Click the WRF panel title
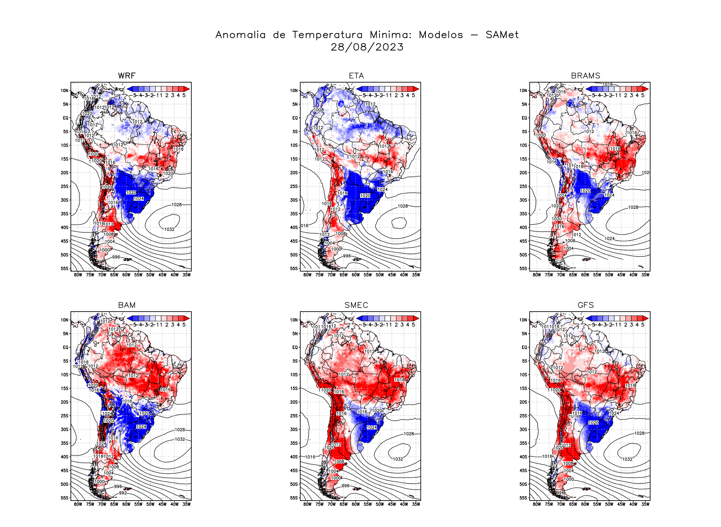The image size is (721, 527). click(x=127, y=76)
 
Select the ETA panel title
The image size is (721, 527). click(x=356, y=76)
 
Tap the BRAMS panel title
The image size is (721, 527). click(x=586, y=76)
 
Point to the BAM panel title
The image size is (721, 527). click(x=127, y=305)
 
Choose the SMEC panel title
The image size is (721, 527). click(x=356, y=305)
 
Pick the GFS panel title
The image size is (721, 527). click(x=586, y=305)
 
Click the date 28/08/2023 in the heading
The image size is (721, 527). click(x=367, y=47)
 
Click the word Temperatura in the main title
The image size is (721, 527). click(x=327, y=35)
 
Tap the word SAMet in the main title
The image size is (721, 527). click(x=502, y=35)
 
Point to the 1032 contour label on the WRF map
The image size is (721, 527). click(x=169, y=229)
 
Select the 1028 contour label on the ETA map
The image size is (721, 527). click(x=403, y=206)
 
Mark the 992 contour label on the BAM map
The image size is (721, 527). click(x=123, y=493)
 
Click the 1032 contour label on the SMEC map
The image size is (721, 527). click(x=398, y=459)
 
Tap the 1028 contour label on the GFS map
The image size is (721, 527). click(x=639, y=433)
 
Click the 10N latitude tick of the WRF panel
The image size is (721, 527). click(x=65, y=91)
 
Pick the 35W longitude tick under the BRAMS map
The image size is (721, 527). click(x=645, y=275)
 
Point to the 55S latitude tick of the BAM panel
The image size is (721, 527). click(x=65, y=498)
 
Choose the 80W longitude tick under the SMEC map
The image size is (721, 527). click(x=307, y=504)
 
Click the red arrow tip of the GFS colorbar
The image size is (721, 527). click(x=646, y=318)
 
